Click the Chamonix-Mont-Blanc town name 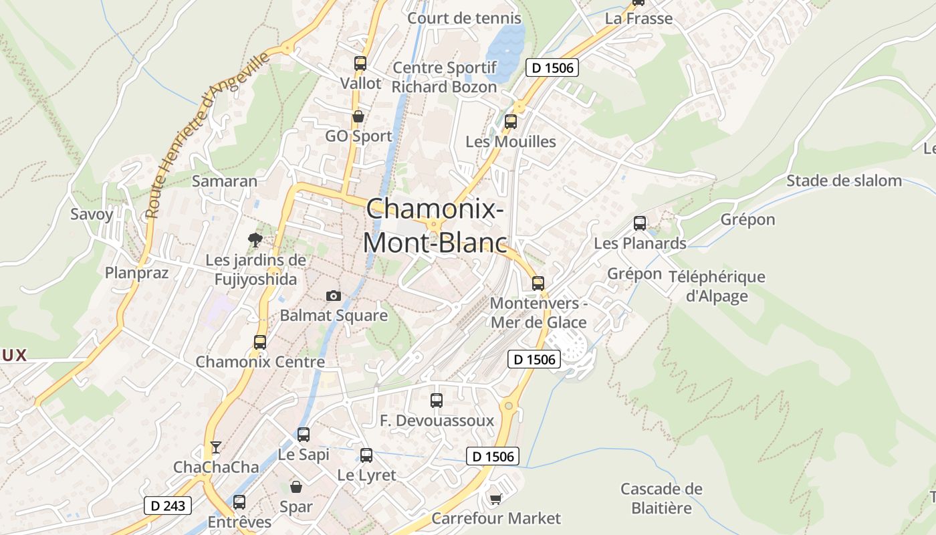[x=434, y=225]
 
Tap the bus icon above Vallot [x=360, y=64]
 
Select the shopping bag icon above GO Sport [x=358, y=116]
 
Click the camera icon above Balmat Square [x=333, y=296]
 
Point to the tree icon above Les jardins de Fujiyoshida [x=255, y=239]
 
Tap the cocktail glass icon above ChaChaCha [x=215, y=447]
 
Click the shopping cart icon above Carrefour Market [x=495, y=499]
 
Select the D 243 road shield [x=168, y=506]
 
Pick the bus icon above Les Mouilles [x=511, y=122]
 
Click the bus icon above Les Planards [x=640, y=223]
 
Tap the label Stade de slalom [x=844, y=181]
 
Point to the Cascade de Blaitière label [x=661, y=498]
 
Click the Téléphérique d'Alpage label [x=717, y=286]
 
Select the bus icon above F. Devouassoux [x=437, y=401]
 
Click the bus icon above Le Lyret [x=366, y=455]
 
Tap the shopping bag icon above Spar [x=296, y=487]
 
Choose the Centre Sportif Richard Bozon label [x=444, y=77]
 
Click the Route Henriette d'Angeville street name [x=207, y=134]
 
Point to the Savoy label [x=92, y=215]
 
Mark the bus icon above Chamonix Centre [x=260, y=342]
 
